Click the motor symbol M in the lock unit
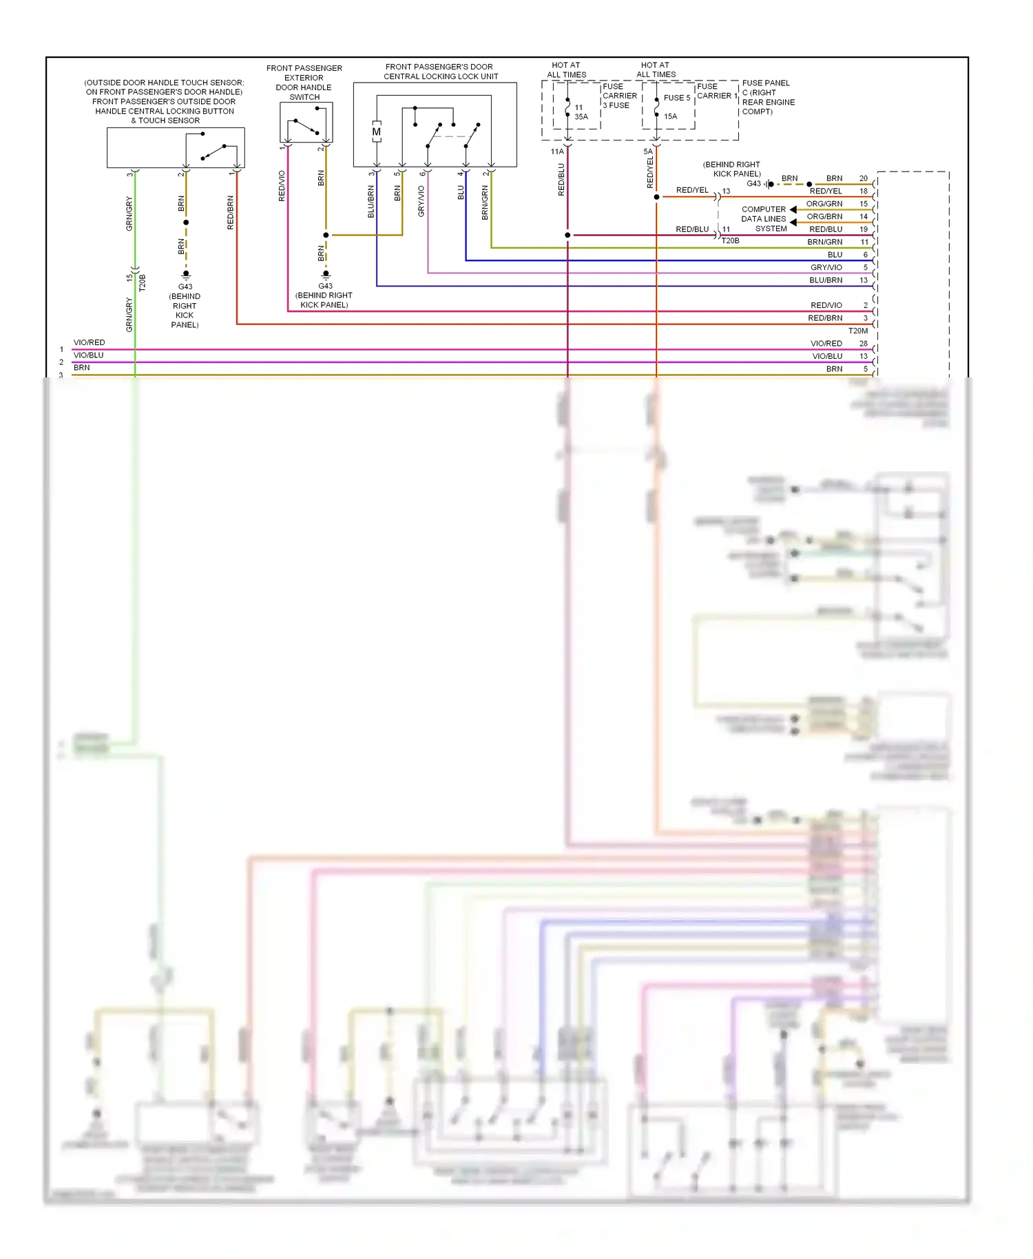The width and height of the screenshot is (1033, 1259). click(x=376, y=132)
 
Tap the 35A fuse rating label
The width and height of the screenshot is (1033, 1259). click(x=581, y=116)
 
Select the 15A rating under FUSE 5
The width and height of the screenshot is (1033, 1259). click(x=670, y=116)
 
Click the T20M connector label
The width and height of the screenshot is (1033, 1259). click(x=857, y=331)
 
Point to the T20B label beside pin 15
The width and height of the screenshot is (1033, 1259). click(x=143, y=282)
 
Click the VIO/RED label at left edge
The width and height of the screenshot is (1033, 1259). click(x=90, y=342)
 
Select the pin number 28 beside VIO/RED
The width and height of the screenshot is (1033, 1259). click(x=863, y=343)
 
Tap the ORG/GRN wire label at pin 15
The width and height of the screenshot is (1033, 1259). click(x=824, y=204)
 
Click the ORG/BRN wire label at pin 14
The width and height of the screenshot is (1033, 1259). click(x=824, y=216)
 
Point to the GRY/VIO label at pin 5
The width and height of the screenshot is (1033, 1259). click(x=826, y=267)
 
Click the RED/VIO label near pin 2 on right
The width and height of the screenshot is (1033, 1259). click(x=826, y=305)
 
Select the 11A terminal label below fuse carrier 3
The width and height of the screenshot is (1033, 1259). click(x=556, y=152)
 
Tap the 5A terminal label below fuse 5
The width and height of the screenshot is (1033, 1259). click(x=647, y=152)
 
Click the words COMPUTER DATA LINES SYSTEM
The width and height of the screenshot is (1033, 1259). click(x=764, y=219)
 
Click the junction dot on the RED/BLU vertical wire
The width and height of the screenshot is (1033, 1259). click(x=567, y=235)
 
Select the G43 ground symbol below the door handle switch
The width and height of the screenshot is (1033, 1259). click(x=326, y=275)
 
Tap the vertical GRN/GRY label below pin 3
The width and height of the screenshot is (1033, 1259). click(x=129, y=214)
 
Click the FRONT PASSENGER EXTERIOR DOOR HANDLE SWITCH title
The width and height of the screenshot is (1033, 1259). click(x=304, y=83)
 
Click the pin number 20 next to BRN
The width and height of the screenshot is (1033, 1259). click(x=863, y=178)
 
